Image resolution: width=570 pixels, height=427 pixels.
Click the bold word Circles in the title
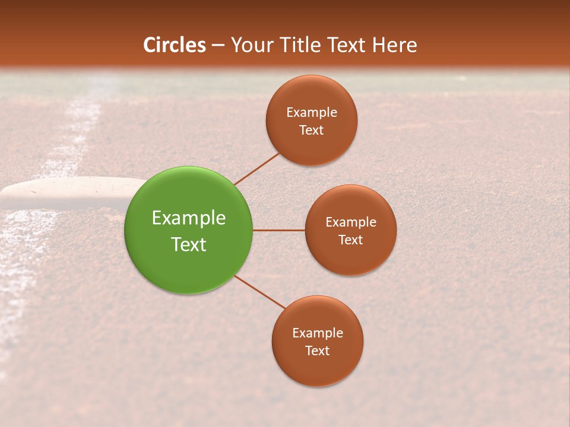point(175,45)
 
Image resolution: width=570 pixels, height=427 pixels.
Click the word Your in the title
point(252,45)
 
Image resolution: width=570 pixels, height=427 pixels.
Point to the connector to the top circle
point(256,168)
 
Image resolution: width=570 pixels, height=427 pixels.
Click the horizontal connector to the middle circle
point(278,230)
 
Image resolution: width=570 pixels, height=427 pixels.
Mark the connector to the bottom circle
point(260,292)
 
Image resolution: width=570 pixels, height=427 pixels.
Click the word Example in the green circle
point(189,218)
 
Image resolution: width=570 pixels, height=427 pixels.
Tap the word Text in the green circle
point(189,244)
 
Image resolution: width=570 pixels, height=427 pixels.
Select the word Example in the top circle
point(312,112)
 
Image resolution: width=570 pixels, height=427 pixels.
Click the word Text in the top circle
point(312,130)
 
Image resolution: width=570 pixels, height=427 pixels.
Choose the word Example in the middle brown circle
point(351,222)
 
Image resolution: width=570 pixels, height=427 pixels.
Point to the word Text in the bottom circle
point(317,351)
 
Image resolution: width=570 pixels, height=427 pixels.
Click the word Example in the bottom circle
point(318,333)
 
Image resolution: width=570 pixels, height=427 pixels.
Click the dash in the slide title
point(218,46)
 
